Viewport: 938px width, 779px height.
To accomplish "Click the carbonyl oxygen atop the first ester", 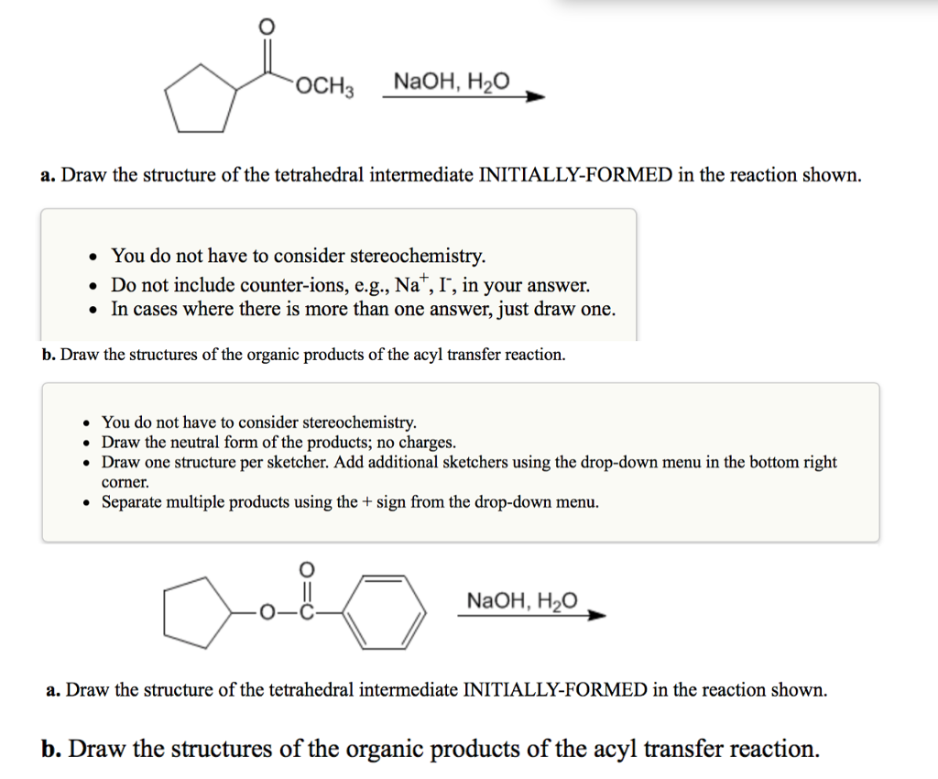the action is coord(267,26).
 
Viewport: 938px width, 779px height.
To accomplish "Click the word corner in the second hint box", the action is coord(124,482).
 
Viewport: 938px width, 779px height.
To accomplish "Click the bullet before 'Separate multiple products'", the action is coord(86,502).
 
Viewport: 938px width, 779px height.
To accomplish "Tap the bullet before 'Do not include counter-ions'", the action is coord(93,285).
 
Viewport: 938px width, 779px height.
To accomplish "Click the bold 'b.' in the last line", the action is coord(52,749).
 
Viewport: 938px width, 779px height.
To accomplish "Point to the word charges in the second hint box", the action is coord(424,442).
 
